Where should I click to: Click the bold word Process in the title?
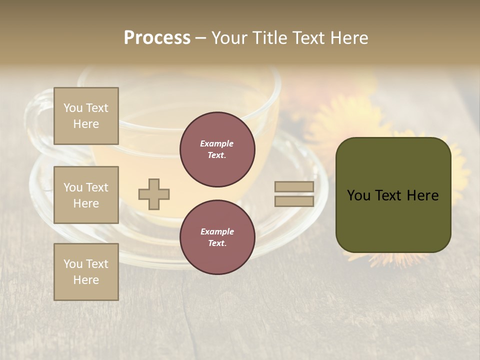157,38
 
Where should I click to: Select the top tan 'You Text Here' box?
86,116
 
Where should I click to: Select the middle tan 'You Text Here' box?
86,195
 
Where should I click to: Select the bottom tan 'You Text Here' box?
86,272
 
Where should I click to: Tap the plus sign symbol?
154,194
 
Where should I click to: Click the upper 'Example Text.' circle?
217,149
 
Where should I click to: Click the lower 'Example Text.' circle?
217,237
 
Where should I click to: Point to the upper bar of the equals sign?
294,187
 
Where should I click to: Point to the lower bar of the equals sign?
294,201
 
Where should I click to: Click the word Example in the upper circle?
217,143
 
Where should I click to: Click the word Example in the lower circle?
217,231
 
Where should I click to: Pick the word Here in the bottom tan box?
86,280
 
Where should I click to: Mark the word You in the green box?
358,195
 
